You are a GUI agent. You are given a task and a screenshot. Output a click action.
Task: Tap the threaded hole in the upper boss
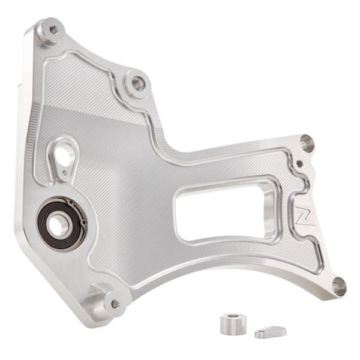[x=137, y=80]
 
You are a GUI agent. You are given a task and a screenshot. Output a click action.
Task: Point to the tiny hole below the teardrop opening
[x=61, y=175]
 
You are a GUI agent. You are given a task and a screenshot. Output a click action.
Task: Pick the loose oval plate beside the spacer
[x=271, y=331]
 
